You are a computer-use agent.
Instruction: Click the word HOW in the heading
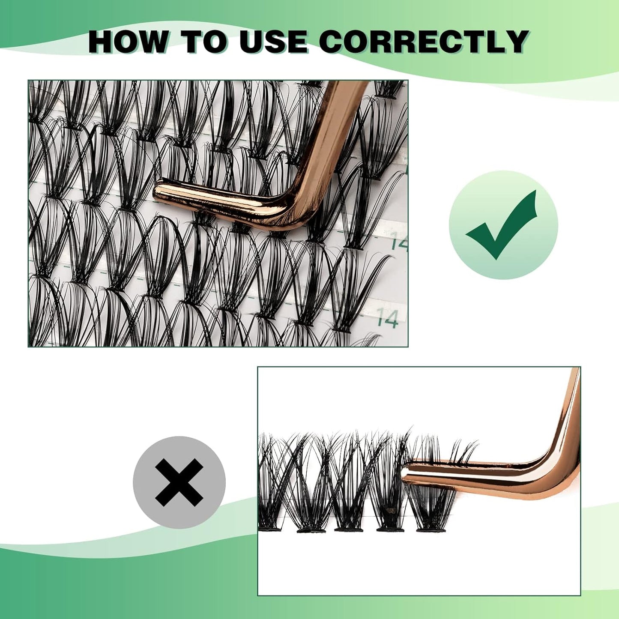127,42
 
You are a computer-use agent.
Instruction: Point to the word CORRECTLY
423,42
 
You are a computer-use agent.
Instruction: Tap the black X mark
179,481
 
